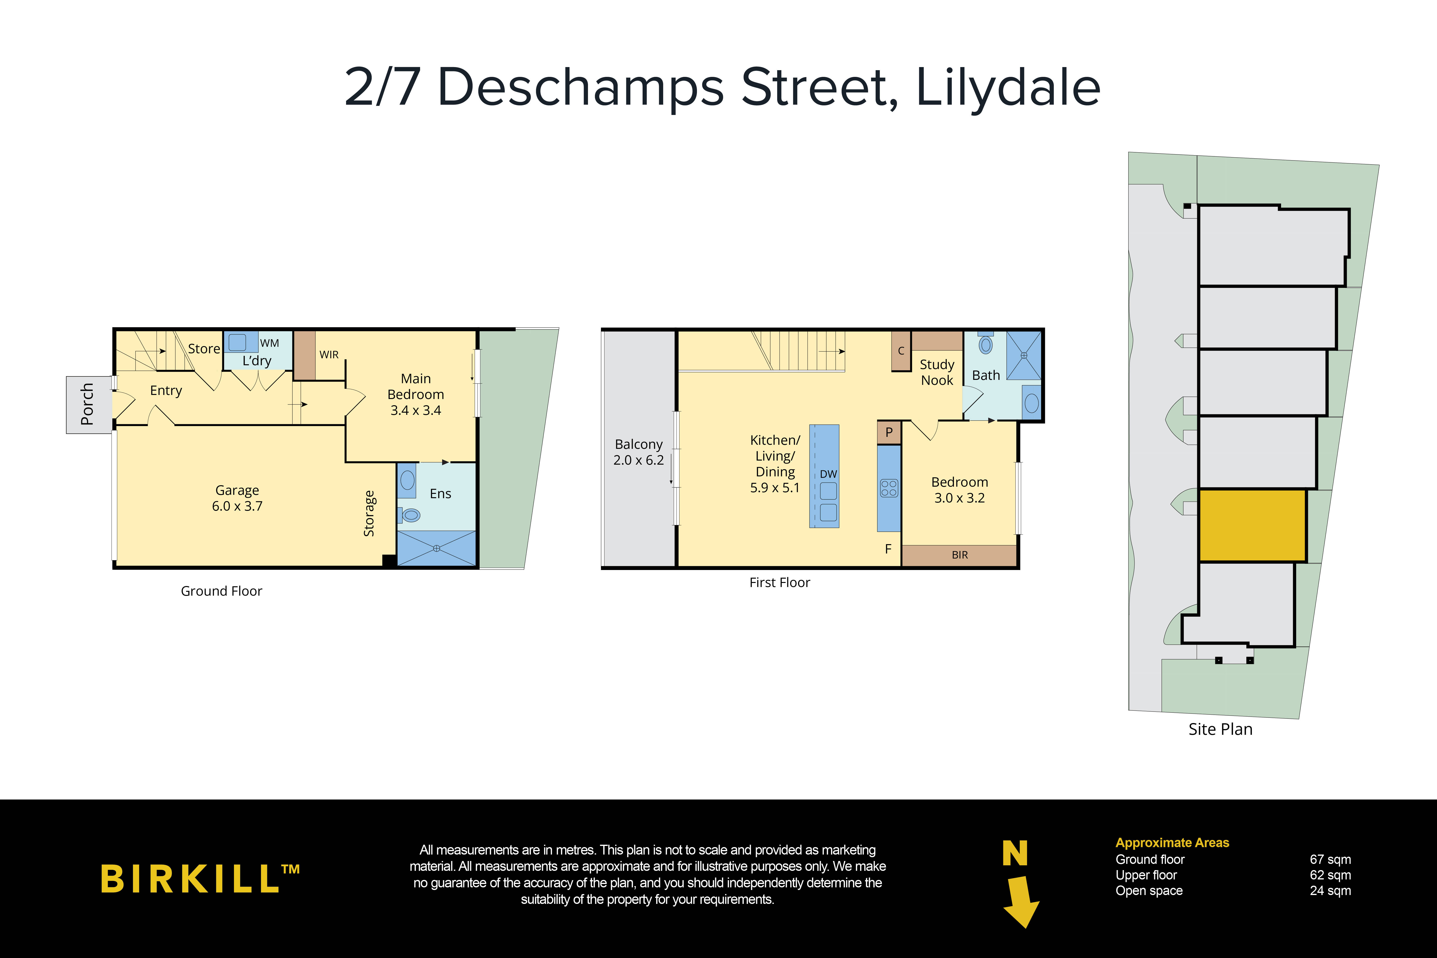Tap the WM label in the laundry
269,343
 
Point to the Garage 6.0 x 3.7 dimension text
237,506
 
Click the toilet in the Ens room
411,515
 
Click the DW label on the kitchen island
828,474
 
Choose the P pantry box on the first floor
889,432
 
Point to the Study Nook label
937,372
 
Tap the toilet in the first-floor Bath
986,345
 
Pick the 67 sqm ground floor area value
1330,860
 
